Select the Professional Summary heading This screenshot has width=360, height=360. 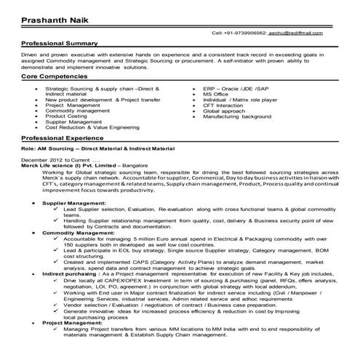pyautogui.click(x=57, y=44)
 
